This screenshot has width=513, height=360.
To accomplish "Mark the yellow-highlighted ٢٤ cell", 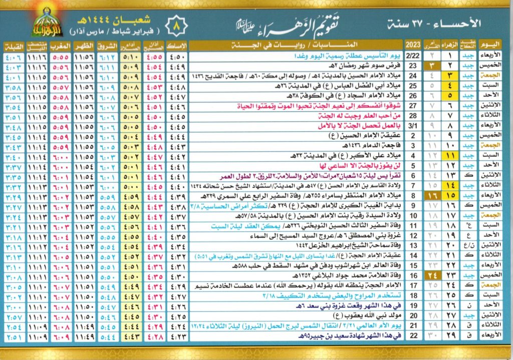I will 431,275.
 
